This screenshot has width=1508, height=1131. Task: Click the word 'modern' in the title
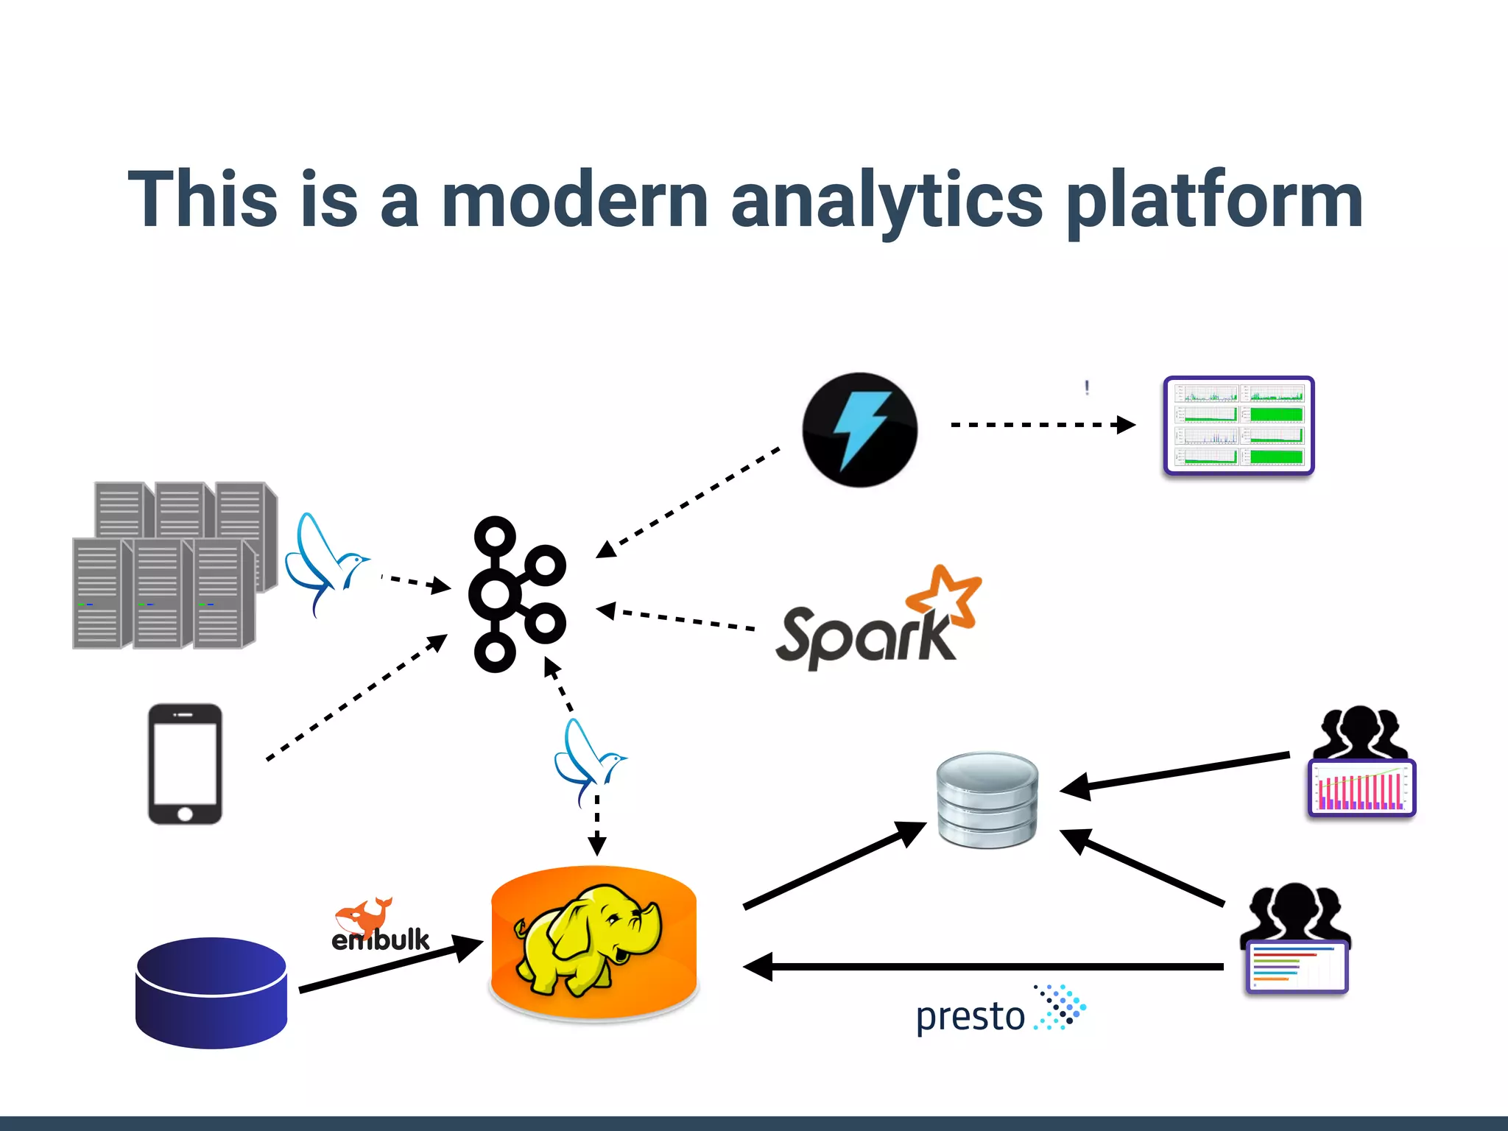coord(574,200)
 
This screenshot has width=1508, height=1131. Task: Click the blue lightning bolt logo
coord(860,430)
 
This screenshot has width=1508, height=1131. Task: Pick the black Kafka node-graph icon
coord(515,593)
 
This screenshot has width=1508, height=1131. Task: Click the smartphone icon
coord(185,764)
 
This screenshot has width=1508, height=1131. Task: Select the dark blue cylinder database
coord(211,992)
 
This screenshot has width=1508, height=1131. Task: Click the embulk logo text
coord(380,940)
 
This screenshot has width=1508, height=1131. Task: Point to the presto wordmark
coord(970,1017)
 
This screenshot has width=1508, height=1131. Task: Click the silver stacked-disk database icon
coord(987,799)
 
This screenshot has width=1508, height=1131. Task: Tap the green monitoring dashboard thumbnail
coord(1239,426)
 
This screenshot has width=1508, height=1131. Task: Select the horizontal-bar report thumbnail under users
coord(1297,967)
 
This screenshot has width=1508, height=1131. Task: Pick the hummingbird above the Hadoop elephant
coord(588,762)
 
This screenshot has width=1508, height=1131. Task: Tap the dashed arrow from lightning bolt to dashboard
coord(1042,425)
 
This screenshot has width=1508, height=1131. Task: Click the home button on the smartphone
coord(185,814)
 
